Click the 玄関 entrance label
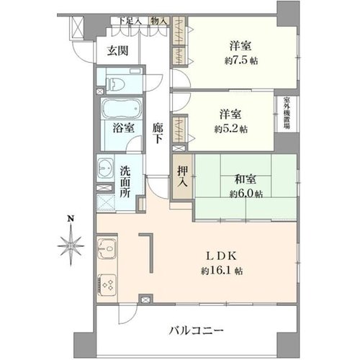[x=117, y=51]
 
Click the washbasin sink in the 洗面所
[x=105, y=168]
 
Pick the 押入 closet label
[x=183, y=176]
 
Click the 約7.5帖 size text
[x=241, y=61]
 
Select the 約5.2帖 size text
[x=231, y=130]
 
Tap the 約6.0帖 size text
[x=246, y=194]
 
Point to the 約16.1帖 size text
[x=222, y=271]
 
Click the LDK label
[x=222, y=256]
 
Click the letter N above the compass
[x=71, y=219]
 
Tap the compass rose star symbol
[x=71, y=246]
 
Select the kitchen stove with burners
[x=107, y=286]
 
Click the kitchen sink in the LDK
[x=107, y=248]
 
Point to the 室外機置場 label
[x=287, y=113]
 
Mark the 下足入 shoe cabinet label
[x=130, y=21]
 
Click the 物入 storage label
[x=159, y=21]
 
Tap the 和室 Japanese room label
[x=246, y=179]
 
